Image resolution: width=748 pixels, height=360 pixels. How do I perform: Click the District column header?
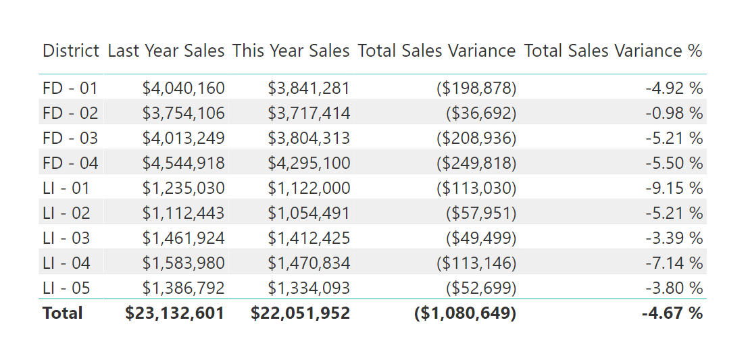71,51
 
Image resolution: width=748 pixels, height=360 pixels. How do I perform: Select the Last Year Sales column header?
166,51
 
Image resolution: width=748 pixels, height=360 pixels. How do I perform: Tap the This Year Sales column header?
291,51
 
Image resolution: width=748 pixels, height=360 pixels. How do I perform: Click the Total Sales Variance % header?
613,51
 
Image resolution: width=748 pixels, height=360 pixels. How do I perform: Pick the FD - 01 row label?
70,88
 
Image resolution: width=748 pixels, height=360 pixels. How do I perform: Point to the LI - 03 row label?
66,238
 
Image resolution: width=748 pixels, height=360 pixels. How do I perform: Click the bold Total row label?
62,313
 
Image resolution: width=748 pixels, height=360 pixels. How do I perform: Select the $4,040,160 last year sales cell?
183,88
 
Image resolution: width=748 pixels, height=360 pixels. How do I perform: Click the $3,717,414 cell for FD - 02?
309,113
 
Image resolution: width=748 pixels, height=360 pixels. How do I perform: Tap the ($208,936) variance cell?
476,138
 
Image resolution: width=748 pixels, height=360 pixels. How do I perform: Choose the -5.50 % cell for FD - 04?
674,163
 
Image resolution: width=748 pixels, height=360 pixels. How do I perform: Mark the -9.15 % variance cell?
674,188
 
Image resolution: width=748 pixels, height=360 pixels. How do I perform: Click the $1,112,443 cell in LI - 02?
183,213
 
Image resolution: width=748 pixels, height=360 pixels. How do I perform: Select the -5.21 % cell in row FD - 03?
674,138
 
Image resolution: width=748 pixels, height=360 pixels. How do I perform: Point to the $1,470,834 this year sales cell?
309,263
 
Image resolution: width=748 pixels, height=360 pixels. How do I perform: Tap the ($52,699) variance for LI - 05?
480,288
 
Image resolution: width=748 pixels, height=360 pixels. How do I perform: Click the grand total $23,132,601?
174,313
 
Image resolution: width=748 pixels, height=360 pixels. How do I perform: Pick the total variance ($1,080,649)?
465,313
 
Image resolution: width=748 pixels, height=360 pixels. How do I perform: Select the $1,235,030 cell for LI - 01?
183,188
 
